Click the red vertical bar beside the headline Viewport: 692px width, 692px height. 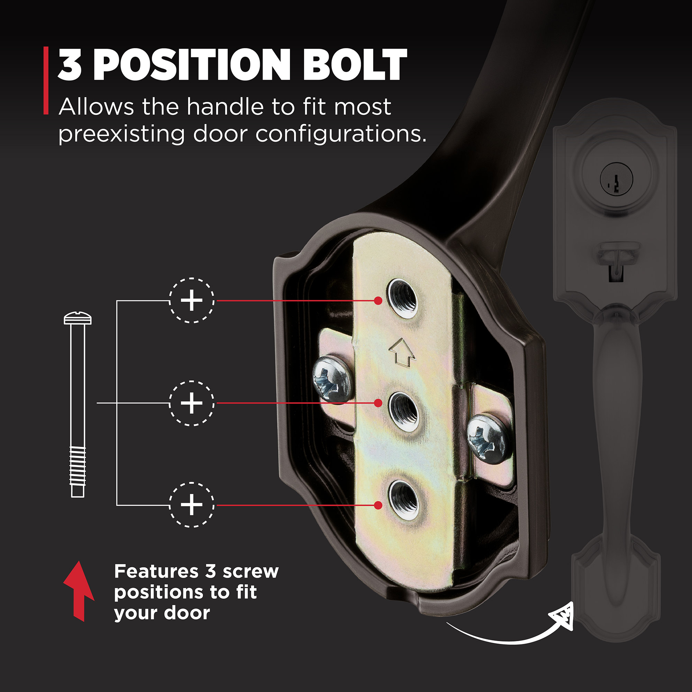pyautogui.click(x=46, y=81)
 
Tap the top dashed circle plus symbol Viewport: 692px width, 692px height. pyautogui.click(x=192, y=300)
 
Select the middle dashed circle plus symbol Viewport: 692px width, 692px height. pyautogui.click(x=192, y=403)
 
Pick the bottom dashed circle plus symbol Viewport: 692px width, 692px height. pyautogui.click(x=192, y=505)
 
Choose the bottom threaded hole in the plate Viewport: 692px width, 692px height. pyautogui.click(x=404, y=499)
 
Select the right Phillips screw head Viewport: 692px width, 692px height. pyautogui.click(x=489, y=438)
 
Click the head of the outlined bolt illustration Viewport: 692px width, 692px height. pyautogui.click(x=78, y=318)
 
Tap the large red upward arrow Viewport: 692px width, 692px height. pyautogui.click(x=79, y=591)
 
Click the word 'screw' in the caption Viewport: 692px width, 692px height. pyautogui.click(x=251, y=572)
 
